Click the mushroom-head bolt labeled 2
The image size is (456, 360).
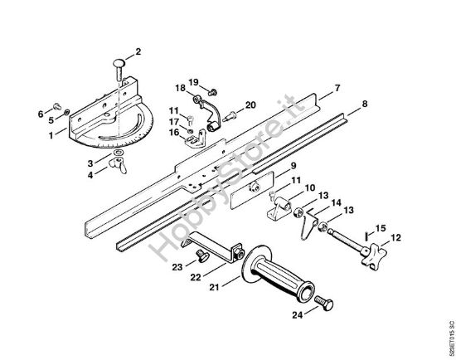coord(119,70)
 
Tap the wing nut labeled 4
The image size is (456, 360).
coord(118,165)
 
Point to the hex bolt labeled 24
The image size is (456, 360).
coord(323,304)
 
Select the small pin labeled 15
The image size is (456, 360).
coord(366,235)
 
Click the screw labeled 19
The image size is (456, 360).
coord(212,93)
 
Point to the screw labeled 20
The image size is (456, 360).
coord(230,116)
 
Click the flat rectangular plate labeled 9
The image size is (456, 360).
coord(252,190)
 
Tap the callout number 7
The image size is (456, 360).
coord(337,88)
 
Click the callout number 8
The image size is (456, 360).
coord(365,104)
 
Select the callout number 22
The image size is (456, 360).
coord(196,277)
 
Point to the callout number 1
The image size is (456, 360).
coord(51,135)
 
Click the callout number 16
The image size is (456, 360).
coord(174,133)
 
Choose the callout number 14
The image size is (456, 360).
coord(337,202)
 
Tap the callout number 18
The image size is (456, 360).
coord(180,88)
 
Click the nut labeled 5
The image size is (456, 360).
coord(67,112)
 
